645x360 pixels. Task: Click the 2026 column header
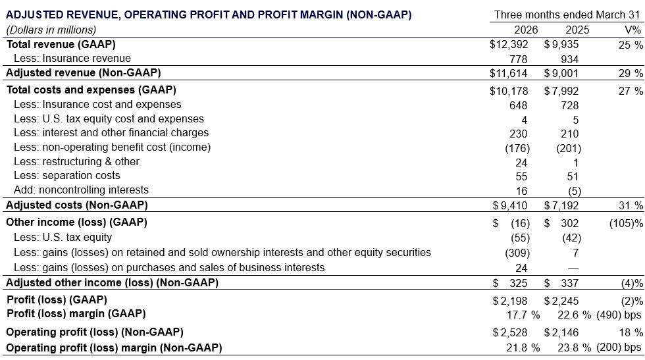tap(525, 30)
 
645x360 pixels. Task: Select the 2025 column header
tap(577, 30)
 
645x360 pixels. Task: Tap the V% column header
tap(632, 30)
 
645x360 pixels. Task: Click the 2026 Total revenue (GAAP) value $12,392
tap(509, 44)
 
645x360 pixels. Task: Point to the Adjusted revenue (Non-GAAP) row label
tap(83, 73)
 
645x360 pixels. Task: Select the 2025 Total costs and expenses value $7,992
tap(561, 91)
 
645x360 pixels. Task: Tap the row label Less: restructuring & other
tap(76, 161)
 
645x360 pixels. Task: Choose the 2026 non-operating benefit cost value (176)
tap(517, 147)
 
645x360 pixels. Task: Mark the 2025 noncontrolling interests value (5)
tap(570, 190)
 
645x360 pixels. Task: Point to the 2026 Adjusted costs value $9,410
tap(511, 206)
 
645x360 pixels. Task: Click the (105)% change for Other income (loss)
tap(626, 222)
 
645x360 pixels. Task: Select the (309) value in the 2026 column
tap(517, 252)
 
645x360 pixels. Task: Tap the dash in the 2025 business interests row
tap(573, 267)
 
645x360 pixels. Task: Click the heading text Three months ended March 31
tap(567, 14)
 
